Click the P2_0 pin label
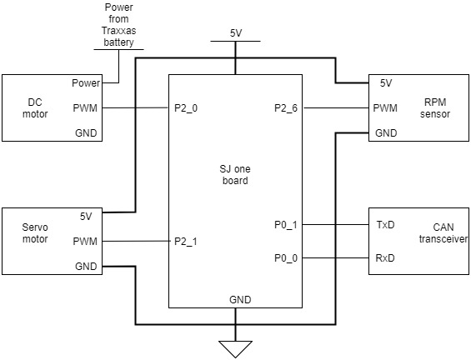186,108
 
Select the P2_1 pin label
186,242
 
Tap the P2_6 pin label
286,108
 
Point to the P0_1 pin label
286,225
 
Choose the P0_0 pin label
286,257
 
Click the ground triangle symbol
235,349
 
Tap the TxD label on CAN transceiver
385,225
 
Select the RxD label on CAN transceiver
385,257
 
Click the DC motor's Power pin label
86,83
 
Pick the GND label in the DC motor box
86,133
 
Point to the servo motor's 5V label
86,216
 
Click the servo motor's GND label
86,267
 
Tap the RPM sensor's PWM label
385,108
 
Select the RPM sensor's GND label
386,133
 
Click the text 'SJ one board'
235,175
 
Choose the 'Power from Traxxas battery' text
118,25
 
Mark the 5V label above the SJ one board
236,33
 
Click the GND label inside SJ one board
240,300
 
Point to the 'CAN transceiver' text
443,233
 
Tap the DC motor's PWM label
85,108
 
